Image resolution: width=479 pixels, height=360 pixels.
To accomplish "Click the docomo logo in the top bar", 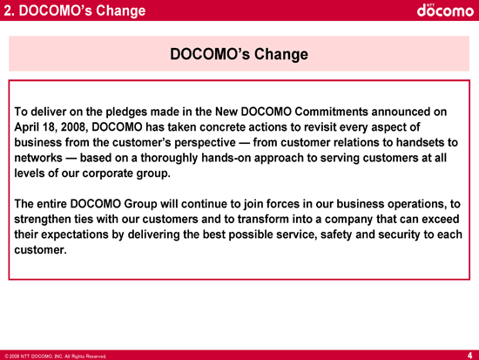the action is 445,10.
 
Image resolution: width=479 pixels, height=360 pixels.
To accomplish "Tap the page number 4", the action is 469,356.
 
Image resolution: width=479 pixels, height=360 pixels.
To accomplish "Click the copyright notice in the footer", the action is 56,357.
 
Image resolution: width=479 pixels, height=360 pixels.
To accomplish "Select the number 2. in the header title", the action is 10,10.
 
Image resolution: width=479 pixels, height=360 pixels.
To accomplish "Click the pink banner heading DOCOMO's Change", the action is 239,54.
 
